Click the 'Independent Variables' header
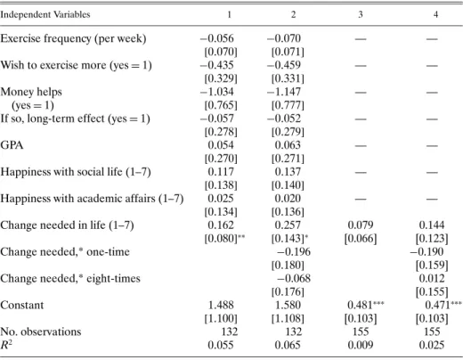click(x=45, y=14)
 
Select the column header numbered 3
click(x=361, y=14)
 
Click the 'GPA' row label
click(x=12, y=145)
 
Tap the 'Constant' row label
click(x=22, y=305)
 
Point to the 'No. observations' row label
click(x=41, y=331)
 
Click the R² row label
click(x=6, y=345)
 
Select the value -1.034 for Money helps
click(x=217, y=92)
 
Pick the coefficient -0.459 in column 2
click(x=284, y=65)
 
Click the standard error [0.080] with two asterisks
click(x=224, y=238)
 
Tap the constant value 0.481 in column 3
click(x=366, y=305)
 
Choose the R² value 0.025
click(x=432, y=345)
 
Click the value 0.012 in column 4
click(x=432, y=278)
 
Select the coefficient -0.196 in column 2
click(x=294, y=252)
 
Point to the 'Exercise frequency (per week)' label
click(x=73, y=38)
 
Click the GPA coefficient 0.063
click(x=288, y=145)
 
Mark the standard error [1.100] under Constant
click(x=221, y=318)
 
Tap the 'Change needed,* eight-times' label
click(x=70, y=279)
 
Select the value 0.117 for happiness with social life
click(x=221, y=172)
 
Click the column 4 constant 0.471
click(x=443, y=305)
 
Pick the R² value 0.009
click(x=361, y=345)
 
